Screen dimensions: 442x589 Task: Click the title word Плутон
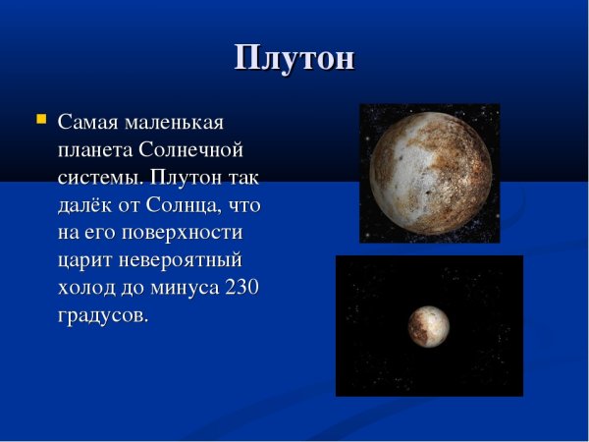coord(294,58)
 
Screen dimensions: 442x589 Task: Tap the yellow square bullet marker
coord(40,120)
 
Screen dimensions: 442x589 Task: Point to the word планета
coord(95,151)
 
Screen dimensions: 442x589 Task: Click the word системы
coord(99,179)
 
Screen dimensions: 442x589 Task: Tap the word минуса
coord(186,289)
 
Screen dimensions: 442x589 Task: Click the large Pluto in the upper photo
coord(430,171)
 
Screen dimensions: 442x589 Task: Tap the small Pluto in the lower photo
coord(429,326)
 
